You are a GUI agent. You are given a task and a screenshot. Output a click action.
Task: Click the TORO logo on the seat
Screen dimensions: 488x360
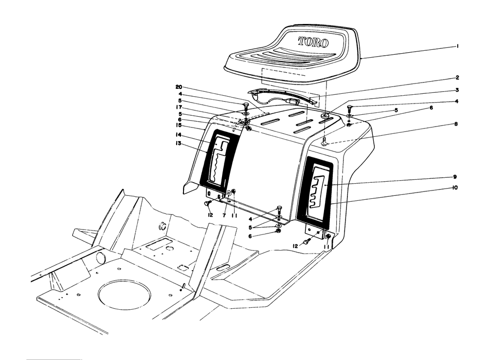[313, 42]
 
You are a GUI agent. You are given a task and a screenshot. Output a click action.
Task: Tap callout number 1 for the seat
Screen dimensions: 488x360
[458, 46]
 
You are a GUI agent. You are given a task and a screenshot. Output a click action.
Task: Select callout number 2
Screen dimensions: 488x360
[457, 78]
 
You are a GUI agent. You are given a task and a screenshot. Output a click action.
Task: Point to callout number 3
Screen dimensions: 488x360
[457, 90]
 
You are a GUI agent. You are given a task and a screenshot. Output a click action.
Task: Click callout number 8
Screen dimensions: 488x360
[456, 124]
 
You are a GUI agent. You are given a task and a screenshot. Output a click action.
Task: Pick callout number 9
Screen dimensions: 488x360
[455, 177]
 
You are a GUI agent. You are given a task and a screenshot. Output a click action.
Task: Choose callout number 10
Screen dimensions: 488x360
[455, 188]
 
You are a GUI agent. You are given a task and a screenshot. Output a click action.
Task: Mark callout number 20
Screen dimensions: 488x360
[178, 87]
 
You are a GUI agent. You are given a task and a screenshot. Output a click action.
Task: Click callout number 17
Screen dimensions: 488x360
[179, 107]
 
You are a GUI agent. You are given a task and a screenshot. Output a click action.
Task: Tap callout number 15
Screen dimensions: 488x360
[179, 125]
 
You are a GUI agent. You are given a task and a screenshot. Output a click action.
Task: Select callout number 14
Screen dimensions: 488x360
[179, 135]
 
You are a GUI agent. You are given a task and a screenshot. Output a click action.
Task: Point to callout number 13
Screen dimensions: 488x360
[179, 144]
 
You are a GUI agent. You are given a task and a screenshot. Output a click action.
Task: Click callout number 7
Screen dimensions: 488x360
[224, 215]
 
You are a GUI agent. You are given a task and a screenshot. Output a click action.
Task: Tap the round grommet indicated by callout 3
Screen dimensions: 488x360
[325, 116]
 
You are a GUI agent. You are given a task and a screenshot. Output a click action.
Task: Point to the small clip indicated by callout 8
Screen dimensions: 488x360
[325, 143]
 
